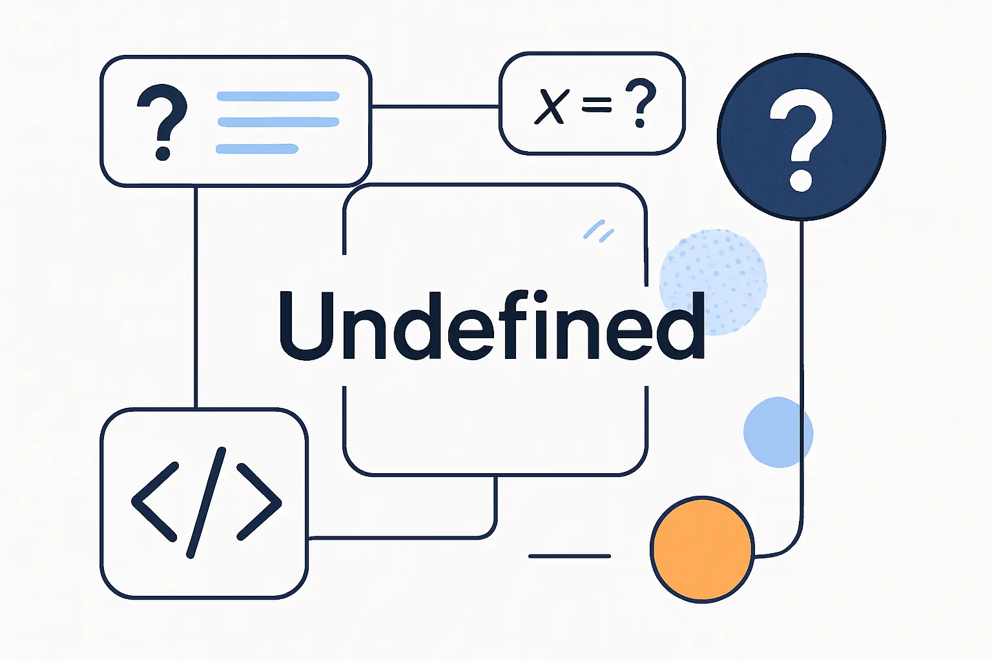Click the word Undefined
pos(491,325)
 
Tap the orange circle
pos(703,549)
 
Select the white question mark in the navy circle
pos(801,141)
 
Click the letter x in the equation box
pos(551,107)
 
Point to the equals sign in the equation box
pos(597,105)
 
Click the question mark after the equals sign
pos(641,103)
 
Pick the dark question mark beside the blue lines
pos(162,122)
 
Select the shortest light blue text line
pos(257,148)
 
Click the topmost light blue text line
pos(278,96)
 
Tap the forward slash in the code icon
pos(207,502)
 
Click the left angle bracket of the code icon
pos(154,502)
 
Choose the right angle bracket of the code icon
pos(260,502)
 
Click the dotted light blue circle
pos(713,282)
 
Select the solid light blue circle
pos(778,432)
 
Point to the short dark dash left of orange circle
pos(570,556)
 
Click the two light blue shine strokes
pos(599,230)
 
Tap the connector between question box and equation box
pos(435,107)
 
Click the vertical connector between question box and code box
pos(196,297)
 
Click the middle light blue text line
pos(278,122)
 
